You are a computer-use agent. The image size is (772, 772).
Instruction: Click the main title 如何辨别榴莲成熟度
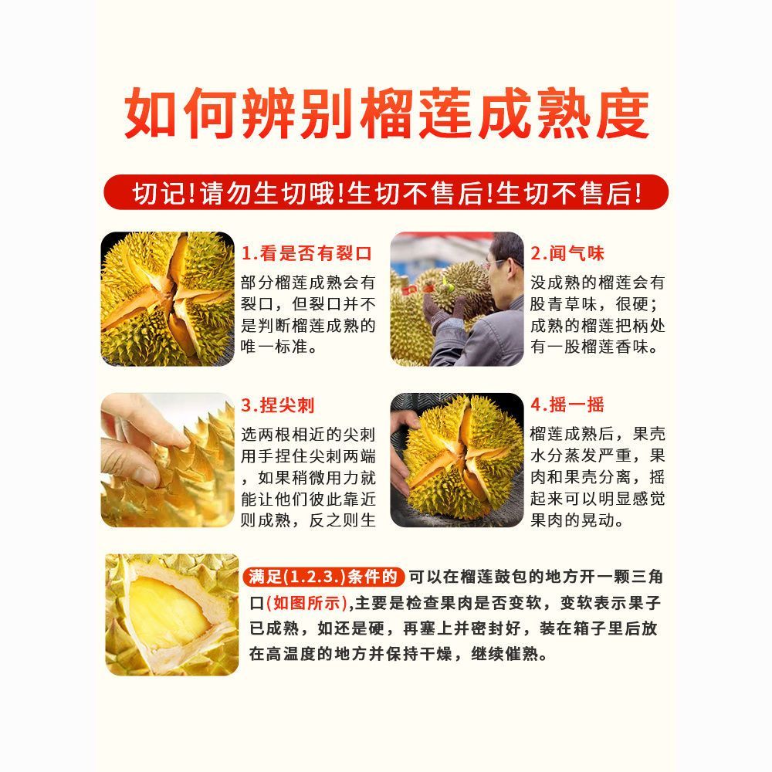387,113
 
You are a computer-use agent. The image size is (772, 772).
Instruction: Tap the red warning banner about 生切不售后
387,192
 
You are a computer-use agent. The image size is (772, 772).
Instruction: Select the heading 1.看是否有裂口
306,253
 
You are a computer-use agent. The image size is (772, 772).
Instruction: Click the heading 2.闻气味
567,253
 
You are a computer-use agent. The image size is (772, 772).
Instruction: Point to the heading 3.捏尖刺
277,405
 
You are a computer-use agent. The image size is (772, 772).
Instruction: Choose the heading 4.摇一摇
567,405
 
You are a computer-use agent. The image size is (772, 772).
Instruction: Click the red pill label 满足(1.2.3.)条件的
323,577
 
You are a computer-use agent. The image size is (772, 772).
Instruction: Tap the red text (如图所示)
307,603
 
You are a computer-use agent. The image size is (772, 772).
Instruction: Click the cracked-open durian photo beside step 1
168,299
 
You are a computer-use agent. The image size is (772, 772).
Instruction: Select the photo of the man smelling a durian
457,299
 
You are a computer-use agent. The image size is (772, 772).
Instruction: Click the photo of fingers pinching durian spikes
168,460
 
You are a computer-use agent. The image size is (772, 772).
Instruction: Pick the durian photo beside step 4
457,460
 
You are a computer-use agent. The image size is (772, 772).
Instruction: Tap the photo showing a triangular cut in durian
172,615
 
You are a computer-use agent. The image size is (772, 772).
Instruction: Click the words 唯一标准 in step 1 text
275,347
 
